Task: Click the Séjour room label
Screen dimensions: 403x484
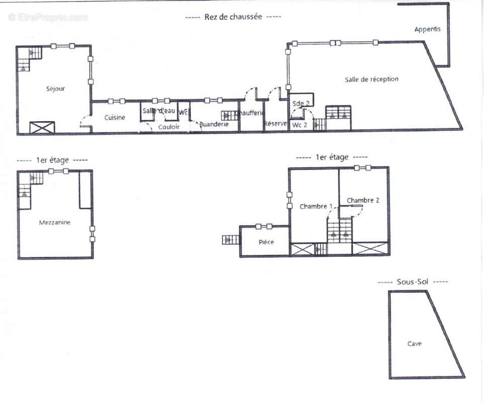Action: (55, 89)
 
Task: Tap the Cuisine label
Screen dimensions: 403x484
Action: (115, 117)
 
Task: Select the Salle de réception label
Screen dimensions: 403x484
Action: (371, 79)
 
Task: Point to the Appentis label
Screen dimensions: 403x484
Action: (427, 29)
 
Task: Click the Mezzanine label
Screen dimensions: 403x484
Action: (55, 222)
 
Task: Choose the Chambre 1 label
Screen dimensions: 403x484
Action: (316, 207)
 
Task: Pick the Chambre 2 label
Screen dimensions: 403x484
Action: (363, 200)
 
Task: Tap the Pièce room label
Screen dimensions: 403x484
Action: (266, 242)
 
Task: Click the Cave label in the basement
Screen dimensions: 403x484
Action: (415, 344)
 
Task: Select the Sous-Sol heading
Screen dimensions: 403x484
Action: (412, 282)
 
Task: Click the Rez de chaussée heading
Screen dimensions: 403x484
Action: (233, 17)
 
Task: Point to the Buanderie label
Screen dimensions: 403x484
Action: (214, 124)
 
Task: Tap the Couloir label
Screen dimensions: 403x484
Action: (169, 127)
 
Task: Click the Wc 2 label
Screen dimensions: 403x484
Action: (300, 124)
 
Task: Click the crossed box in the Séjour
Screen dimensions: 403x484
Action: (41, 127)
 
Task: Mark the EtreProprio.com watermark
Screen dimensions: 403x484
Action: (48, 17)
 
